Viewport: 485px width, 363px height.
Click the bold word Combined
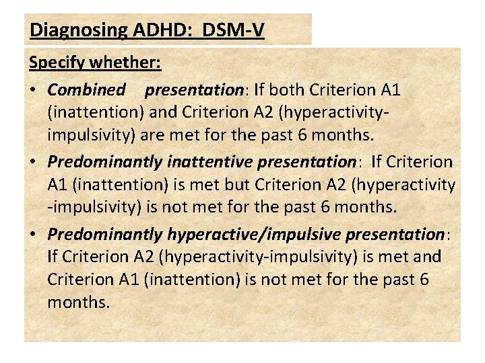coord(87,89)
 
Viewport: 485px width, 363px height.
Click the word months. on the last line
coord(78,302)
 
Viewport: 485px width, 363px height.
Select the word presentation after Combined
coord(194,89)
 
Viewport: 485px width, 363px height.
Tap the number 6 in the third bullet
coord(423,279)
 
